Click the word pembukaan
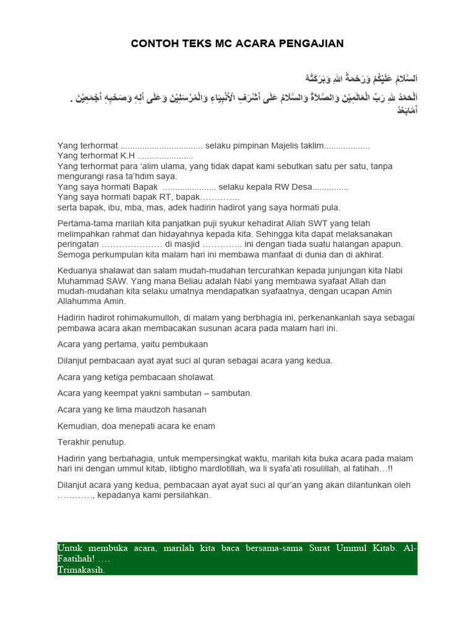point(183,344)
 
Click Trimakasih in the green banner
point(81,570)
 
